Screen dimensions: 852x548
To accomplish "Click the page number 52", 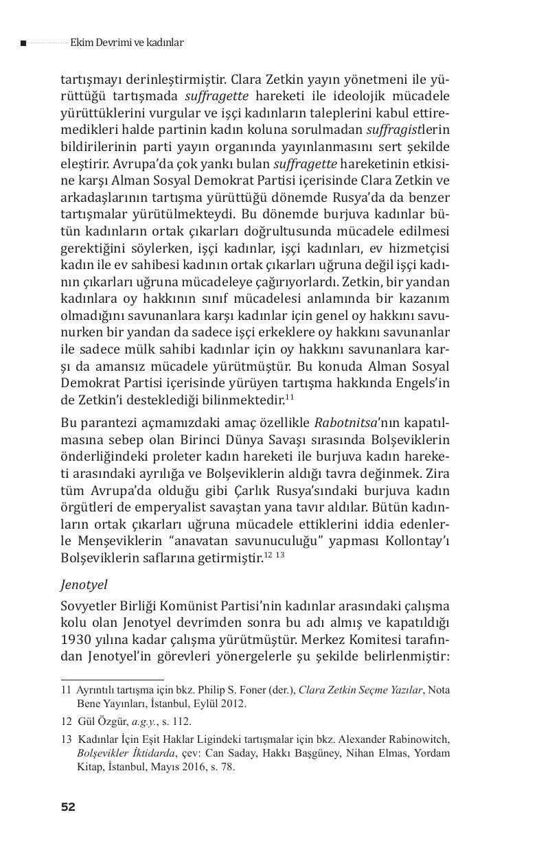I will pyautogui.click(x=67, y=807).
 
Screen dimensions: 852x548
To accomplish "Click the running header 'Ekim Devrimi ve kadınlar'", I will pyautogui.click(x=126, y=43).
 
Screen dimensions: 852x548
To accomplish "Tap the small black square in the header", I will pyautogui.click(x=23, y=43).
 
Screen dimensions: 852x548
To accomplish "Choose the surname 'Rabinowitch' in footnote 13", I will pyautogui.click(x=419, y=739).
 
